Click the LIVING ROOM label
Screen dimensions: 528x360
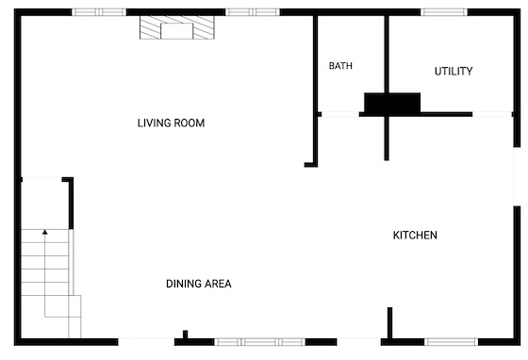pyautogui.click(x=171, y=123)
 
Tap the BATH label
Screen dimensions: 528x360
pyautogui.click(x=340, y=66)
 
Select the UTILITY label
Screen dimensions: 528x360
pyautogui.click(x=454, y=71)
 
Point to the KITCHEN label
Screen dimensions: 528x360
pyautogui.click(x=415, y=235)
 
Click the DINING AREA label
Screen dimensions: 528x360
pyautogui.click(x=199, y=284)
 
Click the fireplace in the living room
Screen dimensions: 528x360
pyautogui.click(x=177, y=27)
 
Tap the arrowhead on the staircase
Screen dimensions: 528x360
pyautogui.click(x=45, y=232)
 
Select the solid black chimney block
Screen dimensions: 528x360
pyautogui.click(x=392, y=103)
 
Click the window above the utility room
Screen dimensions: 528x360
pyautogui.click(x=444, y=12)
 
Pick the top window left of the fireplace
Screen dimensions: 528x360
pyautogui.click(x=99, y=12)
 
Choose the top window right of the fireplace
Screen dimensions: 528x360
pyautogui.click(x=253, y=12)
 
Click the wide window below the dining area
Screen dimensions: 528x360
pyautogui.click(x=259, y=342)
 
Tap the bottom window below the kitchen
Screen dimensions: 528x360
pyautogui.click(x=451, y=342)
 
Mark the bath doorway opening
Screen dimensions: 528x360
pyautogui.click(x=340, y=114)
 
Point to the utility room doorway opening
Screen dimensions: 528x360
pyautogui.click(x=492, y=114)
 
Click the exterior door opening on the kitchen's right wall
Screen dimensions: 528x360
pyautogui.click(x=517, y=176)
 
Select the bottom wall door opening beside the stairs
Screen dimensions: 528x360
pyautogui.click(x=146, y=342)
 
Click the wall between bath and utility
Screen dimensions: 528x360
pyautogui.click(x=387, y=54)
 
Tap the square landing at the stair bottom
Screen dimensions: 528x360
pyautogui.click(x=62, y=306)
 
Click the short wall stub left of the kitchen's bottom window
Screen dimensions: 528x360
pyautogui.click(x=390, y=322)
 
